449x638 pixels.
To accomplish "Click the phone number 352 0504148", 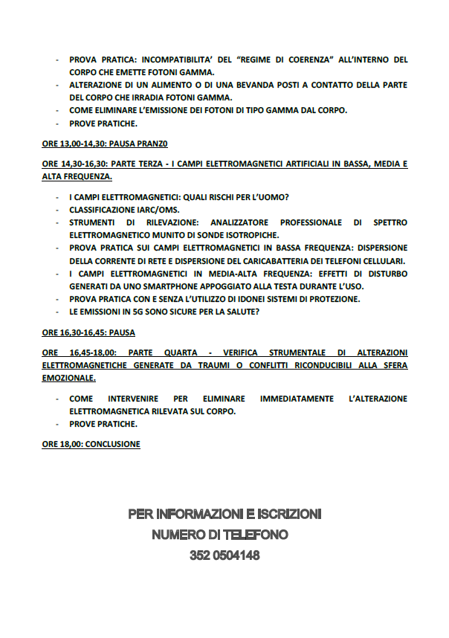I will coord(224,555).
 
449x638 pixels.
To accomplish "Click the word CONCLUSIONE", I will coord(112,444).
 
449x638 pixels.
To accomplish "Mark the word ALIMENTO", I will coord(152,85).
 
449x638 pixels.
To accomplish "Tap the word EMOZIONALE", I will coord(69,378).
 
